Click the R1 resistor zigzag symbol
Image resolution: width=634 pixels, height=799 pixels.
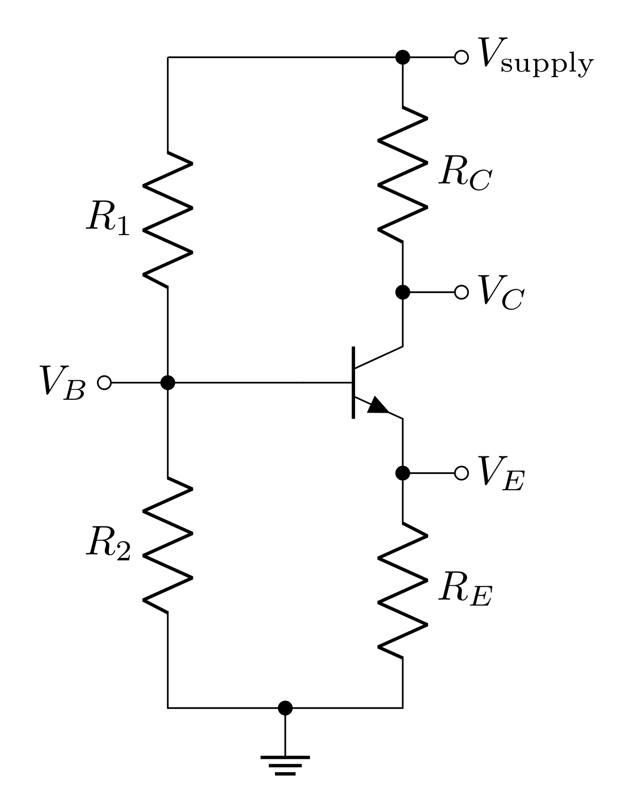[168, 219]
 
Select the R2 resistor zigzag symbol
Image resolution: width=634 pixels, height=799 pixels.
[168, 544]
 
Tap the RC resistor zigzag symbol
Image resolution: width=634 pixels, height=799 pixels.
[403, 174]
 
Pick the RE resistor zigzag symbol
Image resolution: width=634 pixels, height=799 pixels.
[403, 590]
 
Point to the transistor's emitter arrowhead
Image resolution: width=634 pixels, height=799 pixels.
[379, 405]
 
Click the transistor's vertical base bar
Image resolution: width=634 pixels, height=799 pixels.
[354, 382]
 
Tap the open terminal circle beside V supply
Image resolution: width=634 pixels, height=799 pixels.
[461, 57]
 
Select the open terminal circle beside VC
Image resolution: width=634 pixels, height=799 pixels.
[461, 292]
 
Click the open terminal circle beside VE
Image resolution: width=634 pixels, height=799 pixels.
[461, 473]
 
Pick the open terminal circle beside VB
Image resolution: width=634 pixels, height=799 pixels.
[104, 382]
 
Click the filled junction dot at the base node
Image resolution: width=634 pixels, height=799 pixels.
[168, 382]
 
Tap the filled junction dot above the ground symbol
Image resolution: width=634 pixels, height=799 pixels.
[285, 708]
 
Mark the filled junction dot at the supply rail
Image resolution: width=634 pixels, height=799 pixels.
[403, 57]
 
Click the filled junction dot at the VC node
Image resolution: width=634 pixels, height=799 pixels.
[403, 292]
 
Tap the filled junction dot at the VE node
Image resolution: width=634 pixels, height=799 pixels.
[403, 473]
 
